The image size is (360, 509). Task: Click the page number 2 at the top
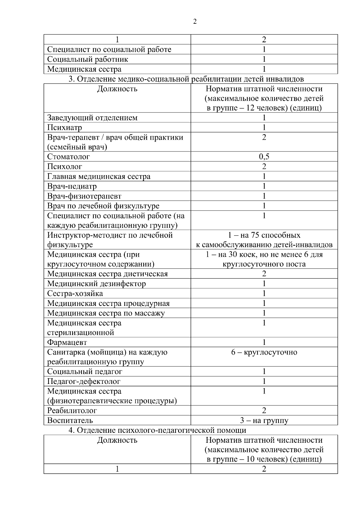[x=195, y=22]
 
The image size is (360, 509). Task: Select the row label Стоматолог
[x=68, y=157]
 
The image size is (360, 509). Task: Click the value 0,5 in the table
[x=264, y=157]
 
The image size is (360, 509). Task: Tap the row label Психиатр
[x=64, y=128]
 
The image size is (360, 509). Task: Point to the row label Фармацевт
[x=67, y=342]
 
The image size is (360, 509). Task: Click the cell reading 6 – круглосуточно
[x=264, y=352]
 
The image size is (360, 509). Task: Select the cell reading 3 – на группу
[x=264, y=421]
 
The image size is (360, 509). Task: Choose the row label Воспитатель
[x=70, y=421]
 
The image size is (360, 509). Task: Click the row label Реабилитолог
[x=72, y=411]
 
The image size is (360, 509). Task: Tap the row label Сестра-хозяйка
[x=75, y=294]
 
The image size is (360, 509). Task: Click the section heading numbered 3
[x=186, y=79]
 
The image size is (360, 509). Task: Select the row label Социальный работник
[x=88, y=59]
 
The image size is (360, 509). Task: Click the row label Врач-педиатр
[x=72, y=186]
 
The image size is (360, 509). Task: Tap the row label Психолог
[x=64, y=166]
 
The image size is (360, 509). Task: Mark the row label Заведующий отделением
[x=92, y=118]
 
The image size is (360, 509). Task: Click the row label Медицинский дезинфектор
[x=97, y=284]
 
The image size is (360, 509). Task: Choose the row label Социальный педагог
[x=85, y=372]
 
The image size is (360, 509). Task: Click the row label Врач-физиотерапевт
[x=84, y=196]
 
